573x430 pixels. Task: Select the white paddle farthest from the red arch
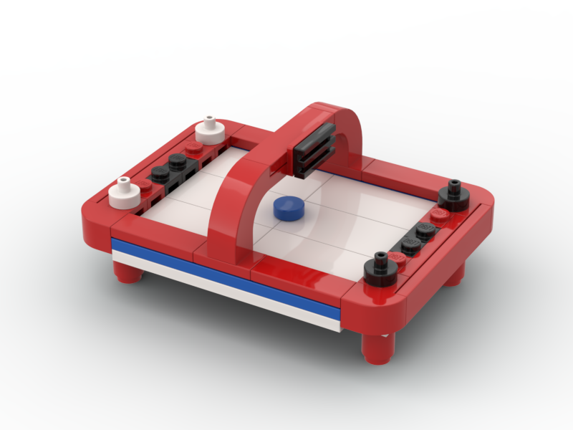point(124,191)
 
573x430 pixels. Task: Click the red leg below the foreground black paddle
point(375,348)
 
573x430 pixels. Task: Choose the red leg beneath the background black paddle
point(454,272)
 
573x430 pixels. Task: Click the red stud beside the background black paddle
point(438,214)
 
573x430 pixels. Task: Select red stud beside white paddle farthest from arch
point(145,185)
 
